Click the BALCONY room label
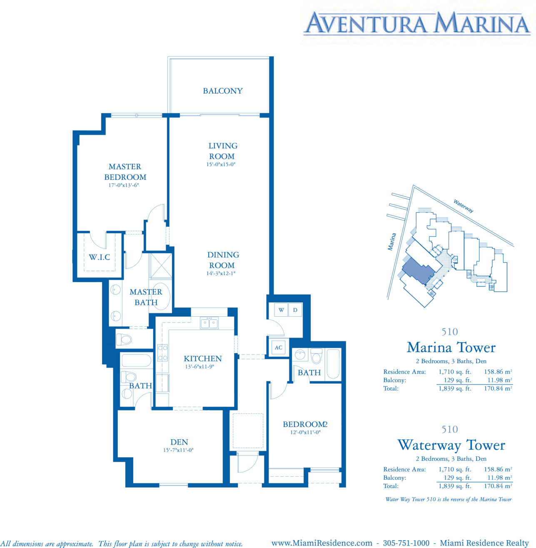223,91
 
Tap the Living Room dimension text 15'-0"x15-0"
221,164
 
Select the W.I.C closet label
100,257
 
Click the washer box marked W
281,310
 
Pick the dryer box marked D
295,310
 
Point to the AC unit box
279,347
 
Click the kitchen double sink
209,323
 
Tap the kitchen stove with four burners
162,353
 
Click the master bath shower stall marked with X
161,266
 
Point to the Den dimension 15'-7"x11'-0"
178,450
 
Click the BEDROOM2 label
305,424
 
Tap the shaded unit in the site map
418,270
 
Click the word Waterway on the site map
464,206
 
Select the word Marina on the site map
392,242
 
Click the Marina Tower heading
451,348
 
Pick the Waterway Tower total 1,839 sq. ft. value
455,486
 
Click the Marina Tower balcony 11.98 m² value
500,380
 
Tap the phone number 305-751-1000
406,543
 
